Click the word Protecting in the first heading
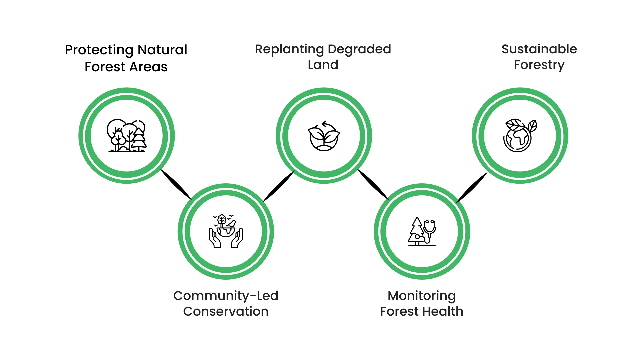pos(99,50)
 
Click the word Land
pos(323,65)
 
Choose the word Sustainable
pos(539,49)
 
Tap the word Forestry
pos(539,65)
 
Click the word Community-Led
pos(226,296)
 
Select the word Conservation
pos(226,311)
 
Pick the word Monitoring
pos(422,296)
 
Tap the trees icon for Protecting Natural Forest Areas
pos(127,136)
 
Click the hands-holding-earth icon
pos(226,231)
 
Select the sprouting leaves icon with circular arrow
pos(324,136)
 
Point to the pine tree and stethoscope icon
pos(422,231)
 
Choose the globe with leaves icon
pos(520,136)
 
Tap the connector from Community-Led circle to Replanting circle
pos(279,186)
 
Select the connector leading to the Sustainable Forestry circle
pos(472,187)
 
